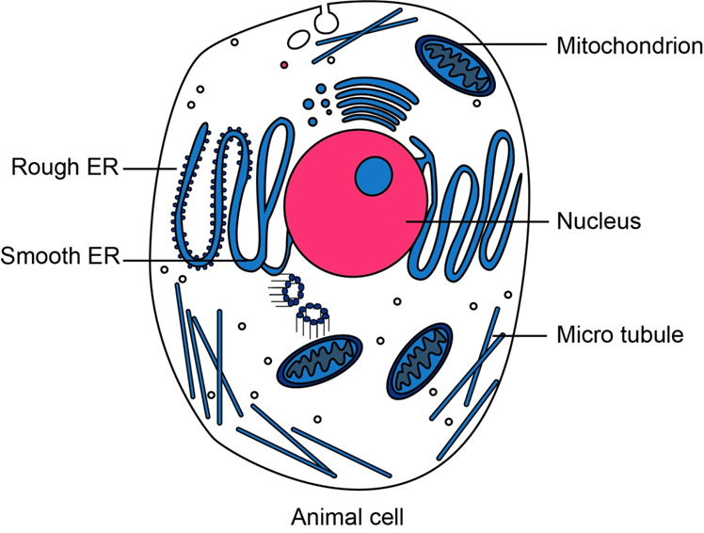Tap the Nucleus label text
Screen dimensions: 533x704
click(x=598, y=222)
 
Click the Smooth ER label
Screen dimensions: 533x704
click(x=60, y=256)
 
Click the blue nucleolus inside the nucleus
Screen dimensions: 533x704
click(x=374, y=174)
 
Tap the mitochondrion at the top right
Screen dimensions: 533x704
click(x=456, y=66)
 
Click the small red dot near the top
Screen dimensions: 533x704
click(x=283, y=65)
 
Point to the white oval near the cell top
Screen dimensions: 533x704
click(x=299, y=40)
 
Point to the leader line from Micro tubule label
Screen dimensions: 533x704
click(x=522, y=335)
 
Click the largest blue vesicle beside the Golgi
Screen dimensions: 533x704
click(x=310, y=105)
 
